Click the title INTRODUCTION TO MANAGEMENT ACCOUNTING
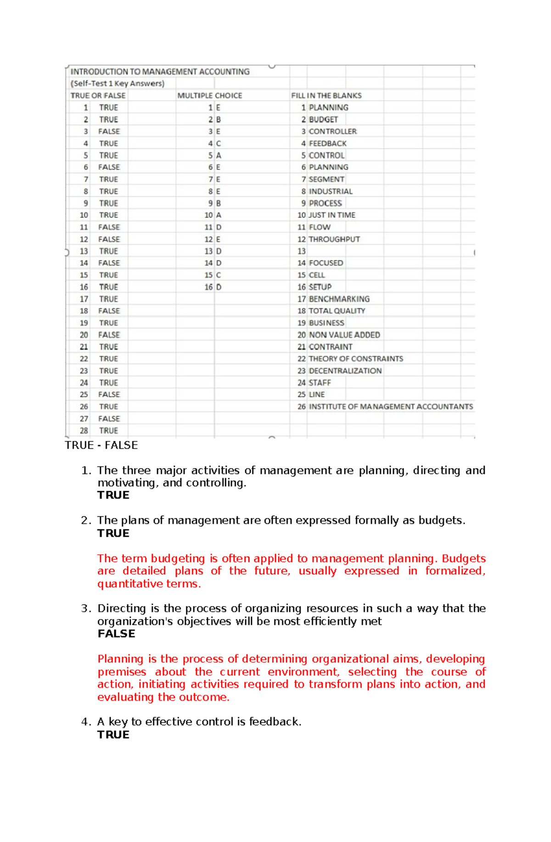(160, 72)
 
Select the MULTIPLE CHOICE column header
(209, 95)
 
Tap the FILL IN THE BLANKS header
(326, 95)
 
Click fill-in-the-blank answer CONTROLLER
(332, 131)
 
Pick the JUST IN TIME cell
(332, 215)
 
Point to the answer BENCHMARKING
(339, 299)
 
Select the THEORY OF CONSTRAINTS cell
(356, 358)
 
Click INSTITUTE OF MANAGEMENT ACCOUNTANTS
(391, 407)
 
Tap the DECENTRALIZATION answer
(345, 371)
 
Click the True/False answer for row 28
(108, 430)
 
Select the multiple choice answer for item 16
(219, 287)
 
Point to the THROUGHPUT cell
(334, 239)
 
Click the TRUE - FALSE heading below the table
(101, 445)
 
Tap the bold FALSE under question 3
(116, 634)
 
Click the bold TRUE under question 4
(113, 735)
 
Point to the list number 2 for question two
(84, 520)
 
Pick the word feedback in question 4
(274, 722)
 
